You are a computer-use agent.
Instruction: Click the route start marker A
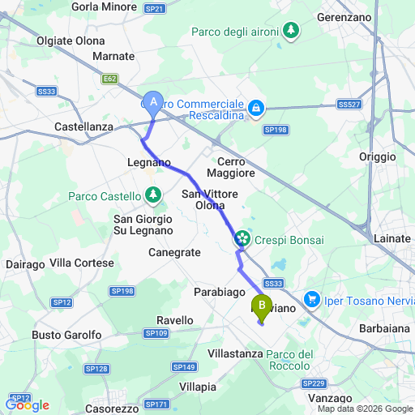click(x=152, y=101)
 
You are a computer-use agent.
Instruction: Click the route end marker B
click(x=261, y=306)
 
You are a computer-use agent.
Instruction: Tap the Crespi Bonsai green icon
click(x=242, y=238)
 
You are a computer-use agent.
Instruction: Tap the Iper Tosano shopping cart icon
click(x=312, y=301)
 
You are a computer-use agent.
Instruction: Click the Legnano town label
click(x=149, y=162)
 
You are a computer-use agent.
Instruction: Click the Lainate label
click(x=391, y=238)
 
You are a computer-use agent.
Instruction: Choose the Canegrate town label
click(x=174, y=252)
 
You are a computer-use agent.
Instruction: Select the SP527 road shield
click(x=349, y=105)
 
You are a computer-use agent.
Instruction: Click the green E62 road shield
click(x=110, y=79)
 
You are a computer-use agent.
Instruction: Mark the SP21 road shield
click(x=155, y=8)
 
